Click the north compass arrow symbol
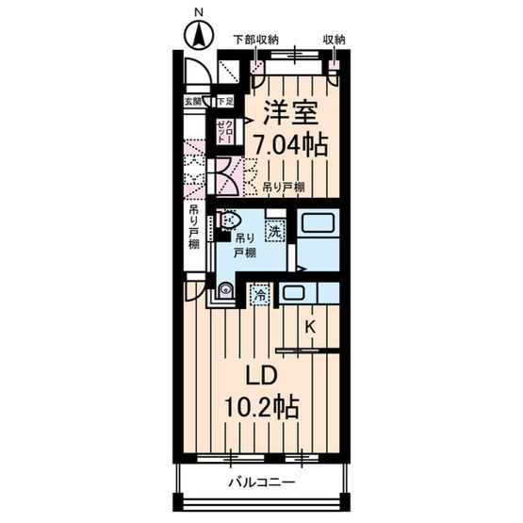point(198,39)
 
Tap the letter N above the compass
point(198,11)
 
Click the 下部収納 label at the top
point(255,39)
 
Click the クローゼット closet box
point(224,130)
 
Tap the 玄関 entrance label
point(191,100)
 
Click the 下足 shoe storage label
point(224,100)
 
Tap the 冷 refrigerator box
point(258,295)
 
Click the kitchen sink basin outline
point(292,292)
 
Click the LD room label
point(260,375)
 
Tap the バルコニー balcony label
point(261,482)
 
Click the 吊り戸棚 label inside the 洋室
point(283,187)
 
